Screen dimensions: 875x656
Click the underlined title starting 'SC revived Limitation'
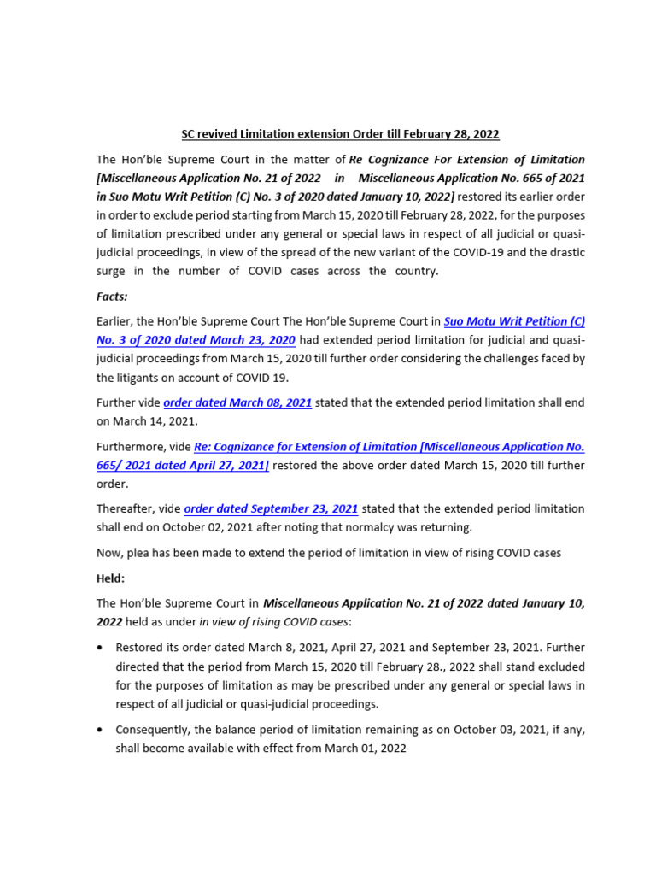point(340,134)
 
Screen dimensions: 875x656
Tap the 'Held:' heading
point(111,578)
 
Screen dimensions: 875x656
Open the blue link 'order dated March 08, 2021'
point(237,402)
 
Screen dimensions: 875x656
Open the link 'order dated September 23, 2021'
point(271,508)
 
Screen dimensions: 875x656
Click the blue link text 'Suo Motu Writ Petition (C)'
point(514,321)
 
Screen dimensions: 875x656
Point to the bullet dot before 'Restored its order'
point(100,648)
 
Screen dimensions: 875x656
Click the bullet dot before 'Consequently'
point(100,731)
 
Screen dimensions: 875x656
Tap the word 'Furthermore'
point(132,446)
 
